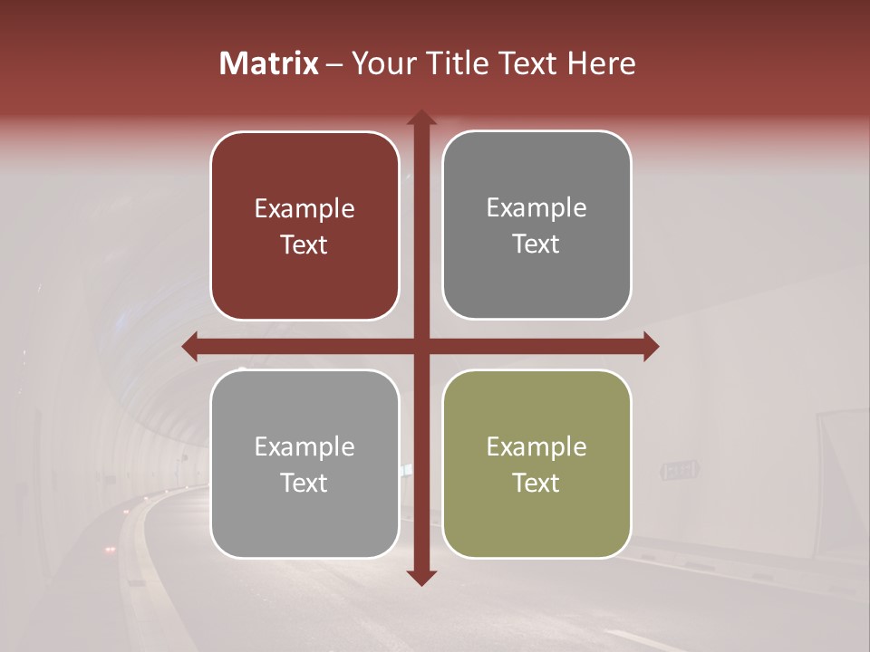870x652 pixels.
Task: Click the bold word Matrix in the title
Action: (x=269, y=63)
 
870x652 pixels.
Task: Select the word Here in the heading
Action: (x=602, y=63)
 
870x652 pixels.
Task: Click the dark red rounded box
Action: (x=304, y=226)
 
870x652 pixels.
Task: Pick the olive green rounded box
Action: (x=536, y=464)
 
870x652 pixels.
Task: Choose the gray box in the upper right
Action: (x=536, y=225)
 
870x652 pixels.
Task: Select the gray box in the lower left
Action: (x=304, y=464)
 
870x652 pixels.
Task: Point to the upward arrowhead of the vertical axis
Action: (x=421, y=118)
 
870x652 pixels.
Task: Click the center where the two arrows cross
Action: (x=421, y=346)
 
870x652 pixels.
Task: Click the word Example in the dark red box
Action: (x=304, y=209)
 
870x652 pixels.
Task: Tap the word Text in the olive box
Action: (x=536, y=483)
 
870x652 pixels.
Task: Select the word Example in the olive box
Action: (x=536, y=446)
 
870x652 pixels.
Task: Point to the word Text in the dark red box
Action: (x=304, y=245)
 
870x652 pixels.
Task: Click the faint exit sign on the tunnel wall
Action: (x=680, y=470)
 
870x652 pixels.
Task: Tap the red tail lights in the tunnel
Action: (x=111, y=549)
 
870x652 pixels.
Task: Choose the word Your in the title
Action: (x=381, y=63)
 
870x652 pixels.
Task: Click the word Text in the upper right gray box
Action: (x=536, y=244)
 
